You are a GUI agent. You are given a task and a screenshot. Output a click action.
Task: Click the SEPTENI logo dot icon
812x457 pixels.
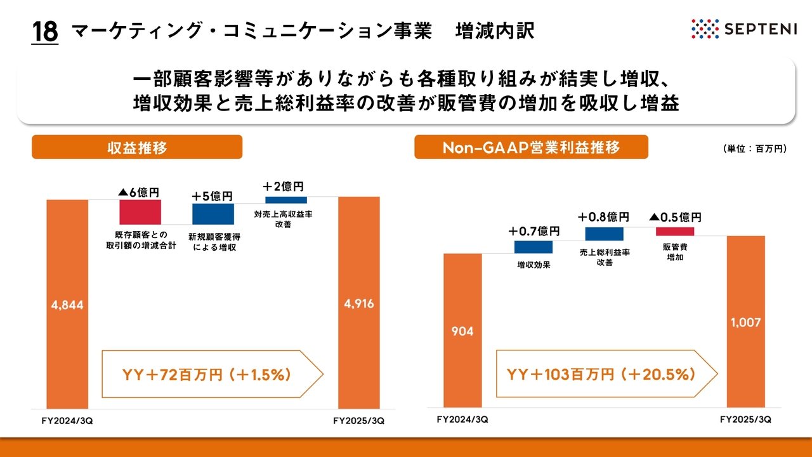click(x=705, y=29)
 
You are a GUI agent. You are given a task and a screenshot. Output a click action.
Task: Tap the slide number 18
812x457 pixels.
click(x=45, y=32)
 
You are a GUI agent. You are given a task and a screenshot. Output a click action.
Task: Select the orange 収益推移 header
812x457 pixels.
click(x=137, y=147)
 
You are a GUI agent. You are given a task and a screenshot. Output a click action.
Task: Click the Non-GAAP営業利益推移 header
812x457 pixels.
click(x=531, y=147)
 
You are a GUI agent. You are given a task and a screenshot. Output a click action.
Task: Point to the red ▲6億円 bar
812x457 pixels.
click(x=140, y=212)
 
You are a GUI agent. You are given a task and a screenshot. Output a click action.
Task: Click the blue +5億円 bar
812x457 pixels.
click(x=213, y=214)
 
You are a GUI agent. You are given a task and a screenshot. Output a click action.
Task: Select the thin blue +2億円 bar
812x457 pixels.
click(x=286, y=200)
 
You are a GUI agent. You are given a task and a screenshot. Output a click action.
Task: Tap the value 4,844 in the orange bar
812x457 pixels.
click(x=67, y=305)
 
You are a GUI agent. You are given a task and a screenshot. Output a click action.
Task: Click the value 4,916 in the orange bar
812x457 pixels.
click(x=359, y=303)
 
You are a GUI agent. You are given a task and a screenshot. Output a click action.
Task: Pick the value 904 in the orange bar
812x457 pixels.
click(x=462, y=331)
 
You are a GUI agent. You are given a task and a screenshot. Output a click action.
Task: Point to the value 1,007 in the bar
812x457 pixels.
click(x=745, y=322)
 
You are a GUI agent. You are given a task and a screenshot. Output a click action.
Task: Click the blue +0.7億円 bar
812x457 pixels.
click(x=534, y=247)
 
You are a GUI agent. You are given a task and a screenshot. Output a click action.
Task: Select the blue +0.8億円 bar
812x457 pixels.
click(x=605, y=234)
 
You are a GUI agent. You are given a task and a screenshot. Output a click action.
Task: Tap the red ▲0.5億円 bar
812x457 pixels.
click(x=675, y=232)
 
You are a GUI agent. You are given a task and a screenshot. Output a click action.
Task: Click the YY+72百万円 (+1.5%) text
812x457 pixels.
click(x=207, y=374)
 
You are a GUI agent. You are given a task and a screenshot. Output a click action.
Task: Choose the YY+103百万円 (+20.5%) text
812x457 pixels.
click(x=601, y=374)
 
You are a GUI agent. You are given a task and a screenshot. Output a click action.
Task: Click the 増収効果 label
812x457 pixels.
click(x=534, y=265)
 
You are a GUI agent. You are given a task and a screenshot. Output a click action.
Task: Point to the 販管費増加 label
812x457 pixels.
click(x=675, y=252)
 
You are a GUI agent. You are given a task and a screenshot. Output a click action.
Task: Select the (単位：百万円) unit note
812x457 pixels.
click(x=755, y=149)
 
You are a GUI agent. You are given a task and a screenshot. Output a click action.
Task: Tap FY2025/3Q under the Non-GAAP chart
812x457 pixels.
click(x=745, y=420)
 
